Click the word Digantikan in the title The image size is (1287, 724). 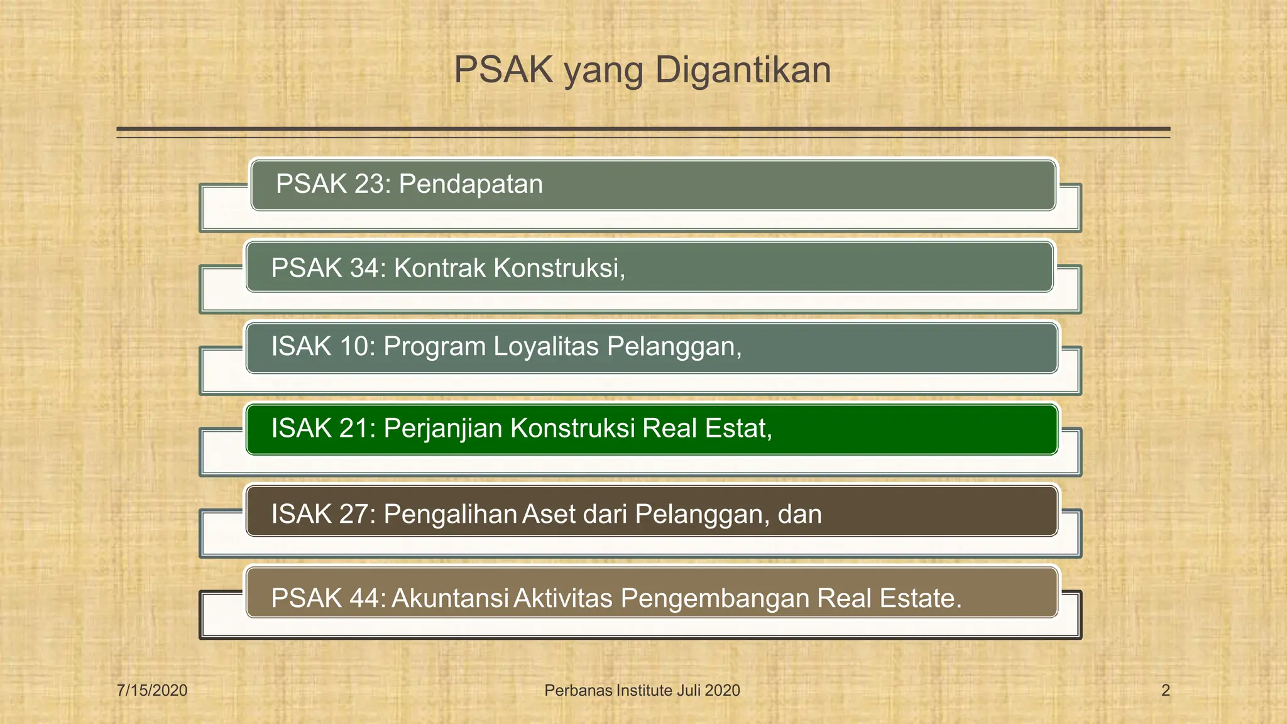pyautogui.click(x=743, y=70)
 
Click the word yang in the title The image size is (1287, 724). pyautogui.click(x=603, y=72)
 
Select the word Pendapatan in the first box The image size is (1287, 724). pyautogui.click(x=471, y=185)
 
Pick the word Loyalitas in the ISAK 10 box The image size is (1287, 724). pyautogui.click(x=545, y=347)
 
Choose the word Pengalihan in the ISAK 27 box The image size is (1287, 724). pyautogui.click(x=450, y=515)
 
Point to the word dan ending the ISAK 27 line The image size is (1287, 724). pyautogui.click(x=799, y=515)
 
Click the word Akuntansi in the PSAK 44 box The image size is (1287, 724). pyautogui.click(x=449, y=598)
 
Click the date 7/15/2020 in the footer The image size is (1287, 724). pyautogui.click(x=152, y=691)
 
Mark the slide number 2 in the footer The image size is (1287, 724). pyautogui.click(x=1165, y=691)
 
